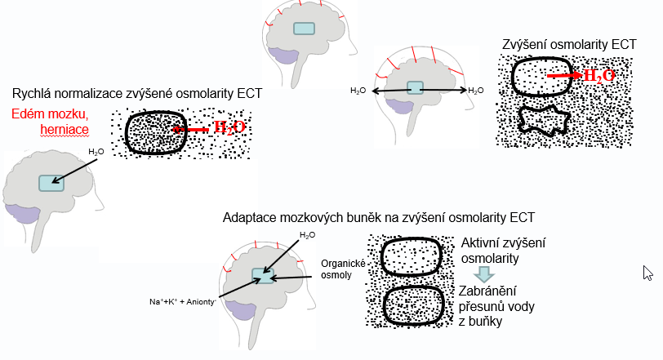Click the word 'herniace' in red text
[65, 129]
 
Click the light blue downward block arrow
[484, 273]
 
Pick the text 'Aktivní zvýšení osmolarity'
[503, 250]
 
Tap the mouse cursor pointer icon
[647, 273]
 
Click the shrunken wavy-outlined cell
[543, 120]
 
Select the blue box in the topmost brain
[305, 28]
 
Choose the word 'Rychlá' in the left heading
[31, 94]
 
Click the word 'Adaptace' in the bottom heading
[249, 218]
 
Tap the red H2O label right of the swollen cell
[229, 127]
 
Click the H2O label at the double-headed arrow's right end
[476, 90]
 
